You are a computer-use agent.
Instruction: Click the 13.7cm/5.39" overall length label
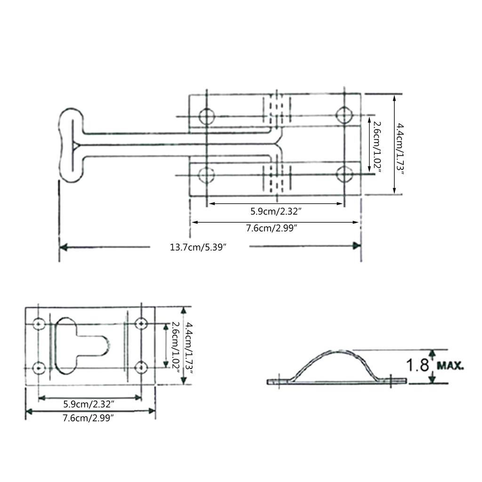pos(199,247)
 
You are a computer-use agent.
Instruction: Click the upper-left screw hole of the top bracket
pos(207,116)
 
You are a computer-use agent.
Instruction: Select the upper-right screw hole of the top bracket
pos(344,115)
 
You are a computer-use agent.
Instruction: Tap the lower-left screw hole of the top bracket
pos(206,175)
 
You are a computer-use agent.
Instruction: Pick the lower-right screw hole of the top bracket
pos(345,175)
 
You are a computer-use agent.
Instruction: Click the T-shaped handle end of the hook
pos(72,146)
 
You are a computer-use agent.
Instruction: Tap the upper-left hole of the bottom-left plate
pos(39,324)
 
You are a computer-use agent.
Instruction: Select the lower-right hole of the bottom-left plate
pos(141,367)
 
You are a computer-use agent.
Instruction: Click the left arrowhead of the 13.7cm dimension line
pos(63,247)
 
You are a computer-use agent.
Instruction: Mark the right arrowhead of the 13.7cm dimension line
pos(357,246)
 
